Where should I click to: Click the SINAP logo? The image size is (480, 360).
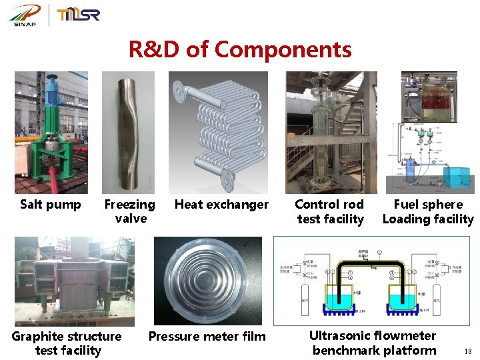click(25, 15)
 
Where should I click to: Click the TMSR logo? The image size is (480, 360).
click(79, 15)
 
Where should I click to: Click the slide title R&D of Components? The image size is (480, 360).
click(240, 49)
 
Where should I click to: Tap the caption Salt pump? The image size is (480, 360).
click(51, 205)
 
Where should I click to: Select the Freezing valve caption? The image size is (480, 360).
click(130, 211)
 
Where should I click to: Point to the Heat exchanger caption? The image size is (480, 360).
click(221, 205)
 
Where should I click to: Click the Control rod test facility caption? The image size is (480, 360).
click(330, 211)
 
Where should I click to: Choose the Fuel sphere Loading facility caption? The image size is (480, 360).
click(428, 211)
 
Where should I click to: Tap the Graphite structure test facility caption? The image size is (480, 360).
click(67, 343)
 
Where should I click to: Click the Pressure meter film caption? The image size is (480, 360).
click(207, 337)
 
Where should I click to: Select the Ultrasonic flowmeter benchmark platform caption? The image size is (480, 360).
click(373, 343)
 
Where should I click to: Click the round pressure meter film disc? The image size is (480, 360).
click(208, 281)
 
